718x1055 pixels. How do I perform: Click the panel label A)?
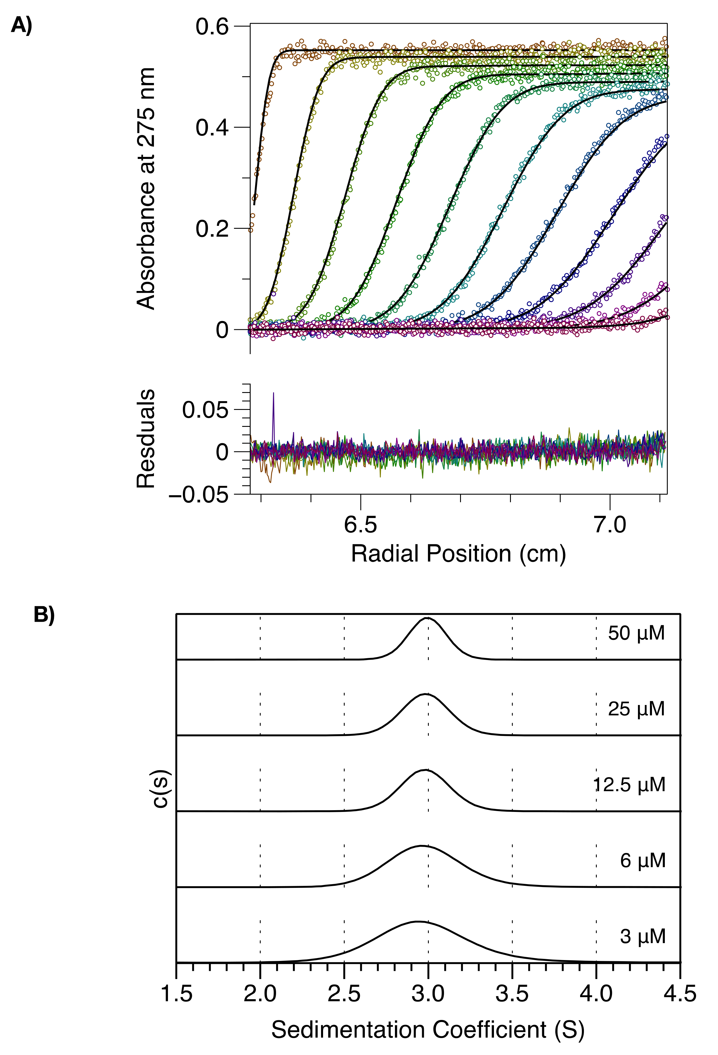(x=21, y=25)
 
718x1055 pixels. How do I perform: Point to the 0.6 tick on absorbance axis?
(x=211, y=27)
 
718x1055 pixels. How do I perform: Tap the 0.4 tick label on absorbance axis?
(x=211, y=128)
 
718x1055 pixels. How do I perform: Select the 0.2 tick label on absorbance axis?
(x=211, y=229)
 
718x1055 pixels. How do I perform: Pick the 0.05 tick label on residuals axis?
(x=205, y=410)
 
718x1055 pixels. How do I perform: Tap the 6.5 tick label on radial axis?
(x=360, y=525)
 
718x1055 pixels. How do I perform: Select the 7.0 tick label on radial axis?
(x=610, y=525)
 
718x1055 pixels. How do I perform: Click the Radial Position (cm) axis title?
(x=458, y=554)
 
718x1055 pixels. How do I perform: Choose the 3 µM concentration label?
(x=643, y=936)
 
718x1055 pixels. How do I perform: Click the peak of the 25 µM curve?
(x=426, y=694)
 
